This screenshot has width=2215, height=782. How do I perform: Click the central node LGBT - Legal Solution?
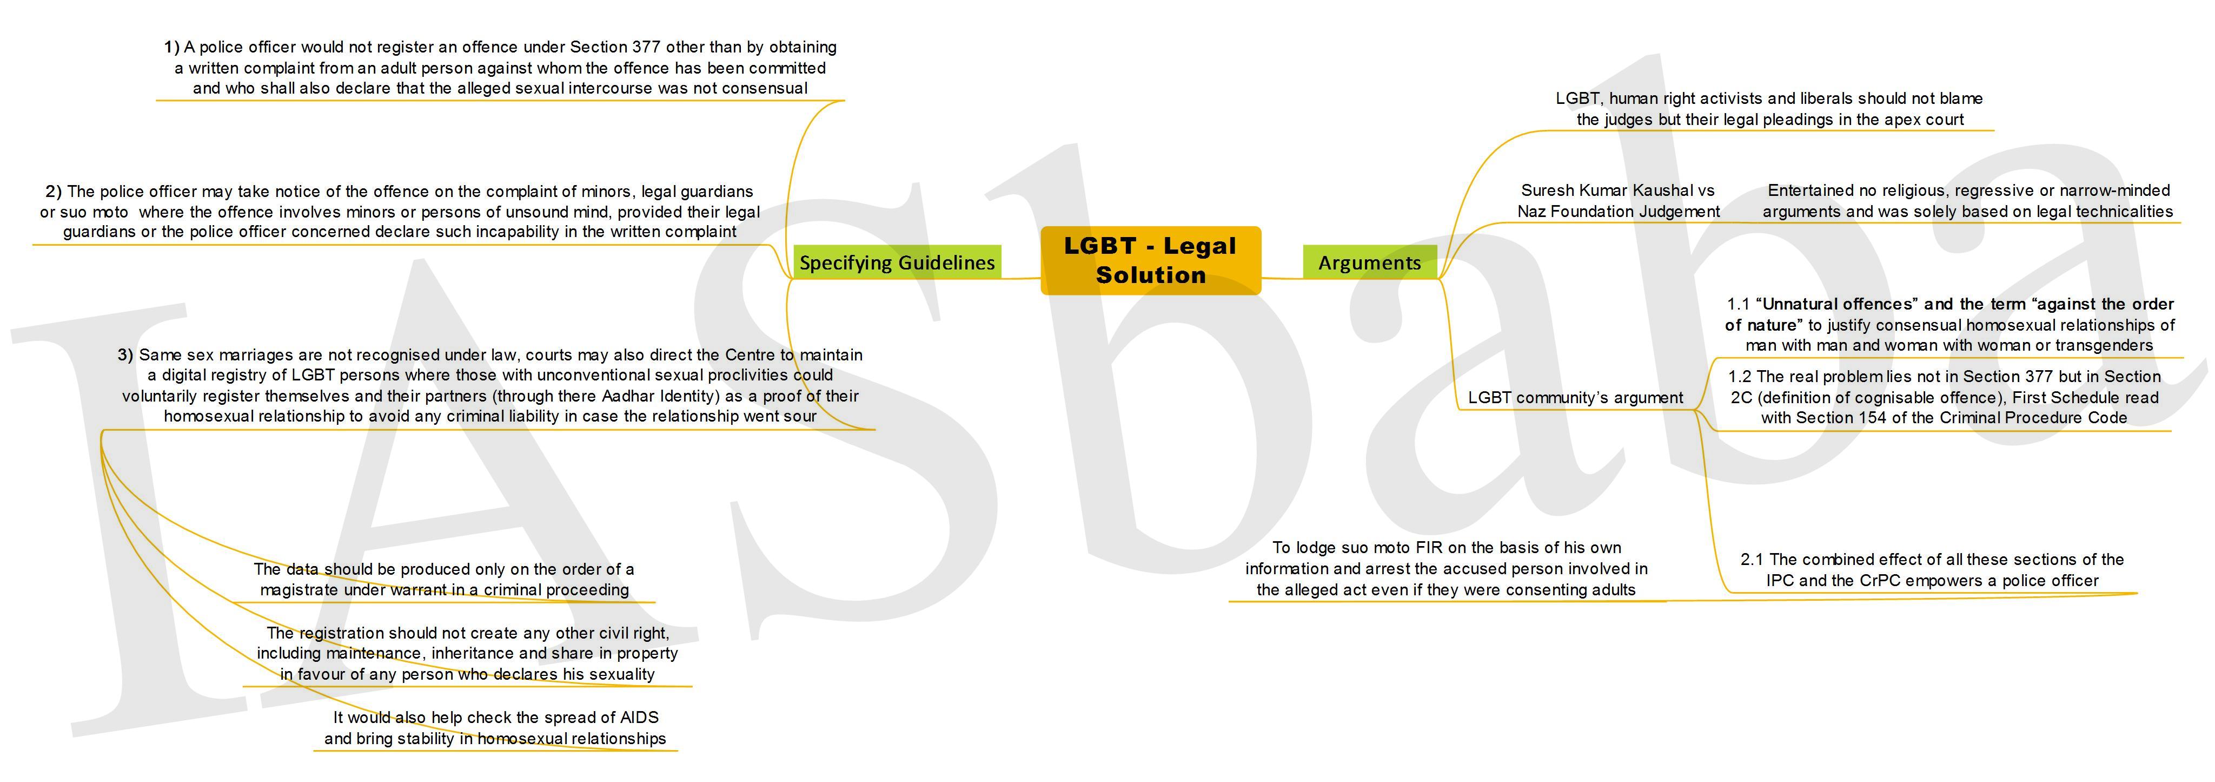pos(1151,261)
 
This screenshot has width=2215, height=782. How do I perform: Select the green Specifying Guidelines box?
pos(897,262)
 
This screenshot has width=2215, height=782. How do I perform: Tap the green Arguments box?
pos(1370,262)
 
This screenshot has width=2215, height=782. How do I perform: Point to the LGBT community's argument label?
pos(1575,397)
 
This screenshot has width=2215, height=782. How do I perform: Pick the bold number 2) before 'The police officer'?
pos(54,191)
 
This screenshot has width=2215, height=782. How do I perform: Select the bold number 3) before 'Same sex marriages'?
pos(125,354)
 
